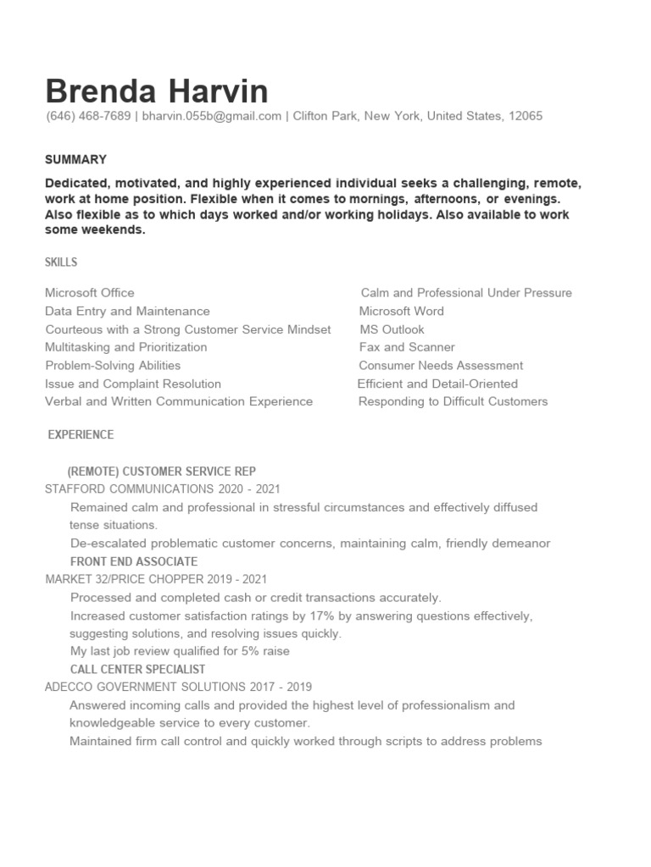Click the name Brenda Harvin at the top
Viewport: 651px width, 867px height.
click(157, 91)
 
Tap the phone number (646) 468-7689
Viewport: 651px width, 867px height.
click(88, 116)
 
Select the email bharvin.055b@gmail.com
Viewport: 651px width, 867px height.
click(211, 116)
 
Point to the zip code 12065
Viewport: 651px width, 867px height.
click(525, 116)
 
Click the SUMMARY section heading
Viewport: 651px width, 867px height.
click(75, 159)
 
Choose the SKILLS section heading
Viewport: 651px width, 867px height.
click(61, 262)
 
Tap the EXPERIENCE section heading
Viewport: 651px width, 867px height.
click(81, 434)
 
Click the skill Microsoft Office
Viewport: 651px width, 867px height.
click(89, 293)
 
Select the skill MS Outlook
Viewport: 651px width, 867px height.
click(392, 329)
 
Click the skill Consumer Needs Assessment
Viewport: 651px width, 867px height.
click(441, 366)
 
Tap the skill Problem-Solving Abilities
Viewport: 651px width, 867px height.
click(113, 366)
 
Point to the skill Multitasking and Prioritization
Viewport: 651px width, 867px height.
click(125, 347)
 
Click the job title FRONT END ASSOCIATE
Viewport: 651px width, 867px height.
click(134, 561)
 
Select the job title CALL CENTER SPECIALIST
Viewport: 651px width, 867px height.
click(137, 669)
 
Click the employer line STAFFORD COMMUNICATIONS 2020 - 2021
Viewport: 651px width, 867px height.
click(162, 489)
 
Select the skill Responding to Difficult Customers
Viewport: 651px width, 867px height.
click(453, 401)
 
